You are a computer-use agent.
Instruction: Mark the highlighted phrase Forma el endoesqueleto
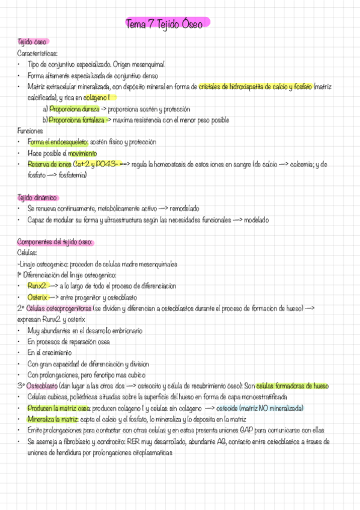(x=58, y=142)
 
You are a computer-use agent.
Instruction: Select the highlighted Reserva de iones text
(x=49, y=164)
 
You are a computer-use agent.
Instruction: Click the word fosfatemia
(x=70, y=175)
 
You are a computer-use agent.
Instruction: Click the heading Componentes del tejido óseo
(x=55, y=242)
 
